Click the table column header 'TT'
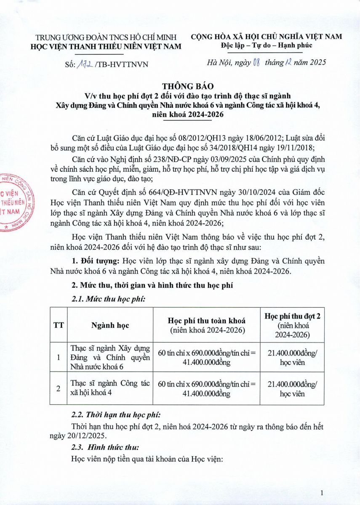pos(59,325)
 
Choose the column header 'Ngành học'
pos(110,325)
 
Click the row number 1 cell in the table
pos(59,357)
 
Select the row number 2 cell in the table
pos(59,388)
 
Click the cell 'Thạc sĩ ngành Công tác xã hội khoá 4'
pos(110,388)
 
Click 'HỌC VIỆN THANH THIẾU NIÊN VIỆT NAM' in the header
pos(107,46)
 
